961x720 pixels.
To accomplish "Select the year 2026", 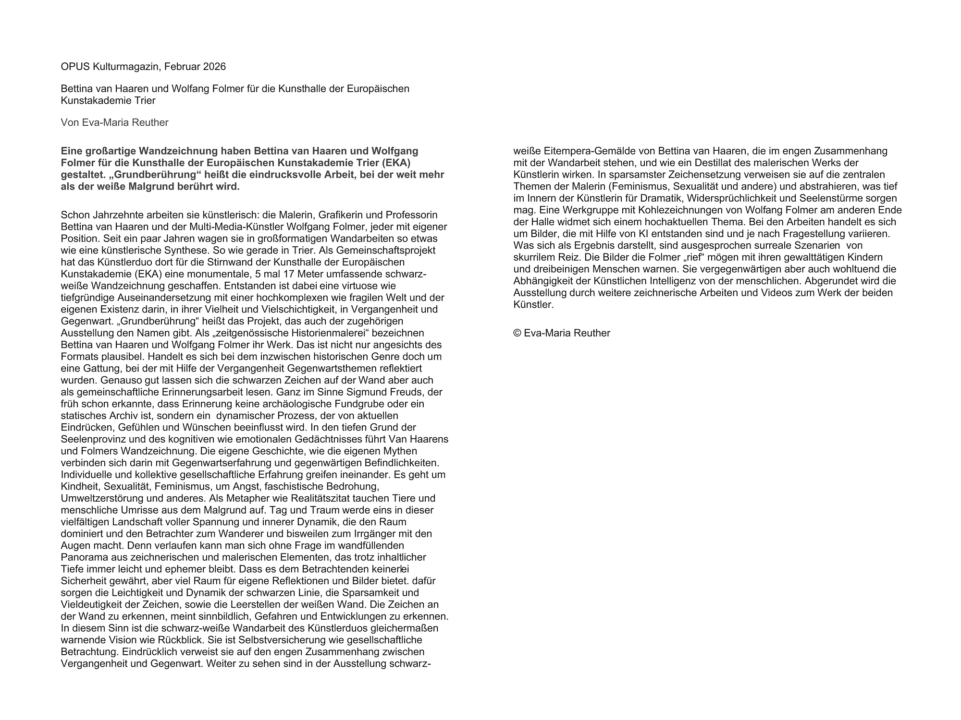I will coord(214,67).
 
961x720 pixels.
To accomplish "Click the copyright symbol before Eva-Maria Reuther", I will coord(517,333).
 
